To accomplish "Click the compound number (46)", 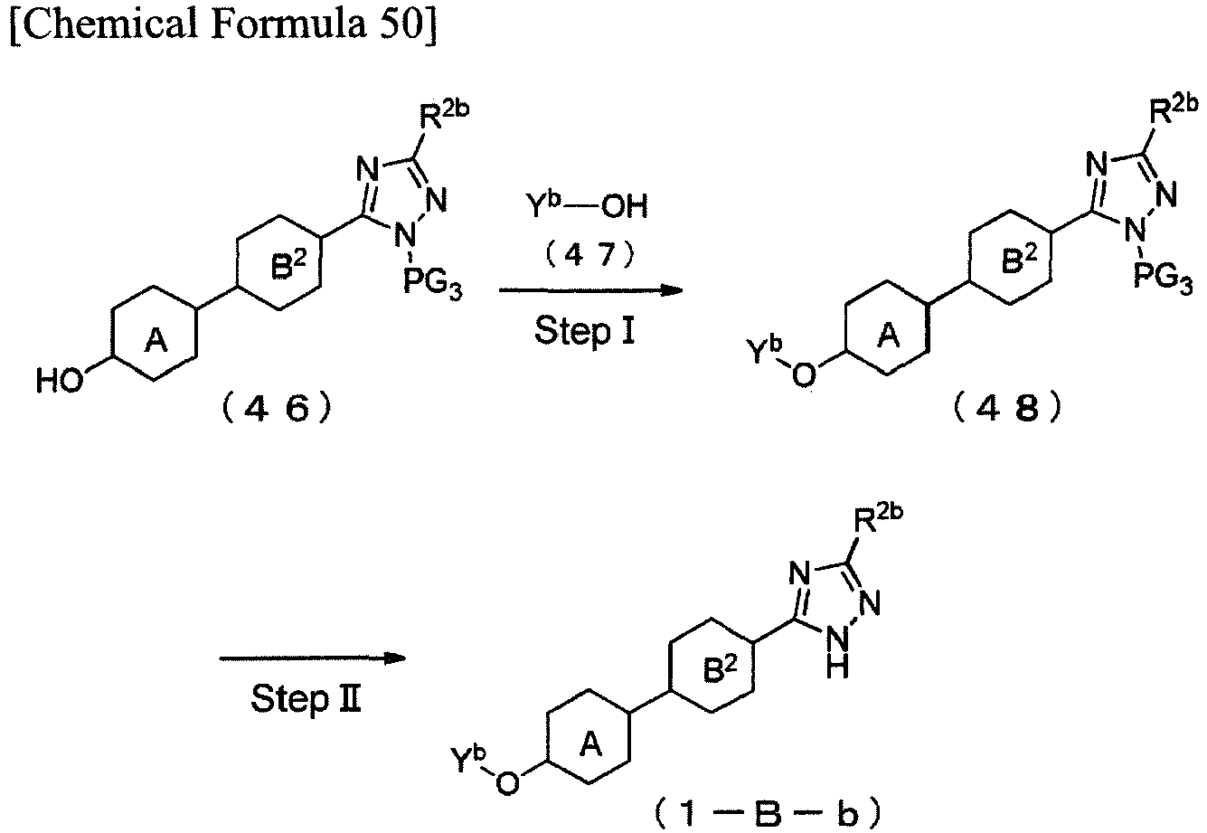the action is click(x=277, y=409).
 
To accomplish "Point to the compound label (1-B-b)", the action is click(x=769, y=814).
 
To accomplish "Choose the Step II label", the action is click(x=306, y=698).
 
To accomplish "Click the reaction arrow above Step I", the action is click(x=590, y=290).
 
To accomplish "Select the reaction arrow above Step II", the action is click(x=313, y=658).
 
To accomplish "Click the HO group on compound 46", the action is click(x=60, y=380).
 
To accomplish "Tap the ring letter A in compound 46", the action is click(x=156, y=341).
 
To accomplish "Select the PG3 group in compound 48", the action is click(x=1164, y=278).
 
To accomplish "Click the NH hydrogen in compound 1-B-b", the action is click(x=837, y=669).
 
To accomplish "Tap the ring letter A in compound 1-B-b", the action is click(x=591, y=745).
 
